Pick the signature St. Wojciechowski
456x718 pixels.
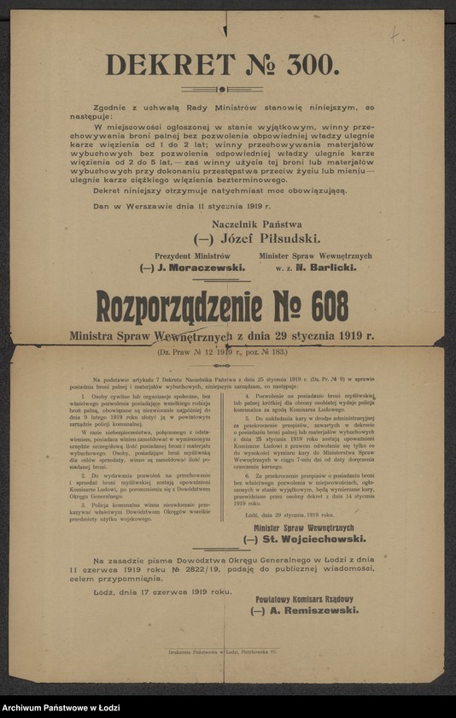311,539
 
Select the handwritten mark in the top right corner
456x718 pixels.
395,35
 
